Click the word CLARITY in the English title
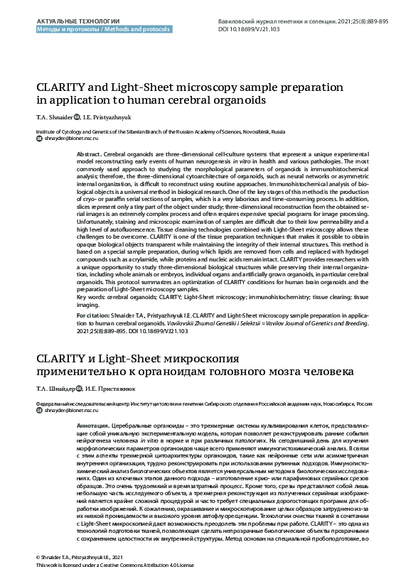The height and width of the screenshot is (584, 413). (63, 87)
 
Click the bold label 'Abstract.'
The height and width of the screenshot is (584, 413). (88, 154)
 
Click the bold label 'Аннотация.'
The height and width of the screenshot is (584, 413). (92, 424)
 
